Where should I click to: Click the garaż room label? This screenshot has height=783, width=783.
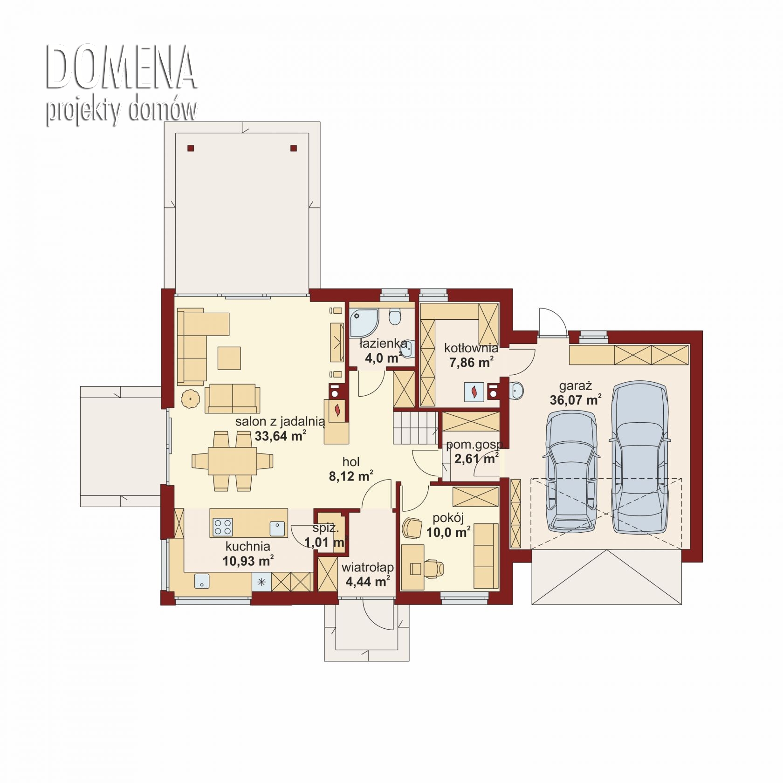click(x=575, y=386)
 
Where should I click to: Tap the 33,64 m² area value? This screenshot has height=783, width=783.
click(x=280, y=436)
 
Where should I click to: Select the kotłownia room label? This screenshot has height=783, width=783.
click(x=471, y=348)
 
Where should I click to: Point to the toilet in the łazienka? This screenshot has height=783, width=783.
click(x=395, y=316)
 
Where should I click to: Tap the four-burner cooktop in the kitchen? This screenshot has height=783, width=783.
click(x=223, y=527)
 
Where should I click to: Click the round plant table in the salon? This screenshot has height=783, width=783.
click(x=190, y=399)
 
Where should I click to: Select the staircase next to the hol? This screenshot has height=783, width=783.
click(x=415, y=427)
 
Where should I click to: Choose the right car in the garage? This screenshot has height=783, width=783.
click(x=639, y=458)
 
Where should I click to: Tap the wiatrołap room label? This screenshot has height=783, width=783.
click(x=367, y=568)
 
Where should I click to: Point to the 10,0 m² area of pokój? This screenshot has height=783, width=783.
click(x=448, y=532)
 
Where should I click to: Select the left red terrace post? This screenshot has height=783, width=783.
click(x=190, y=148)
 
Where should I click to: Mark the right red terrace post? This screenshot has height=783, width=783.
click(x=293, y=148)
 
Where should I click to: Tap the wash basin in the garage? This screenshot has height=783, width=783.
click(x=517, y=391)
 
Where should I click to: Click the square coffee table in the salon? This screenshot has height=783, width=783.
click(x=229, y=358)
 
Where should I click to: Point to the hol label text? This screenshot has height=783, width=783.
click(x=351, y=462)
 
